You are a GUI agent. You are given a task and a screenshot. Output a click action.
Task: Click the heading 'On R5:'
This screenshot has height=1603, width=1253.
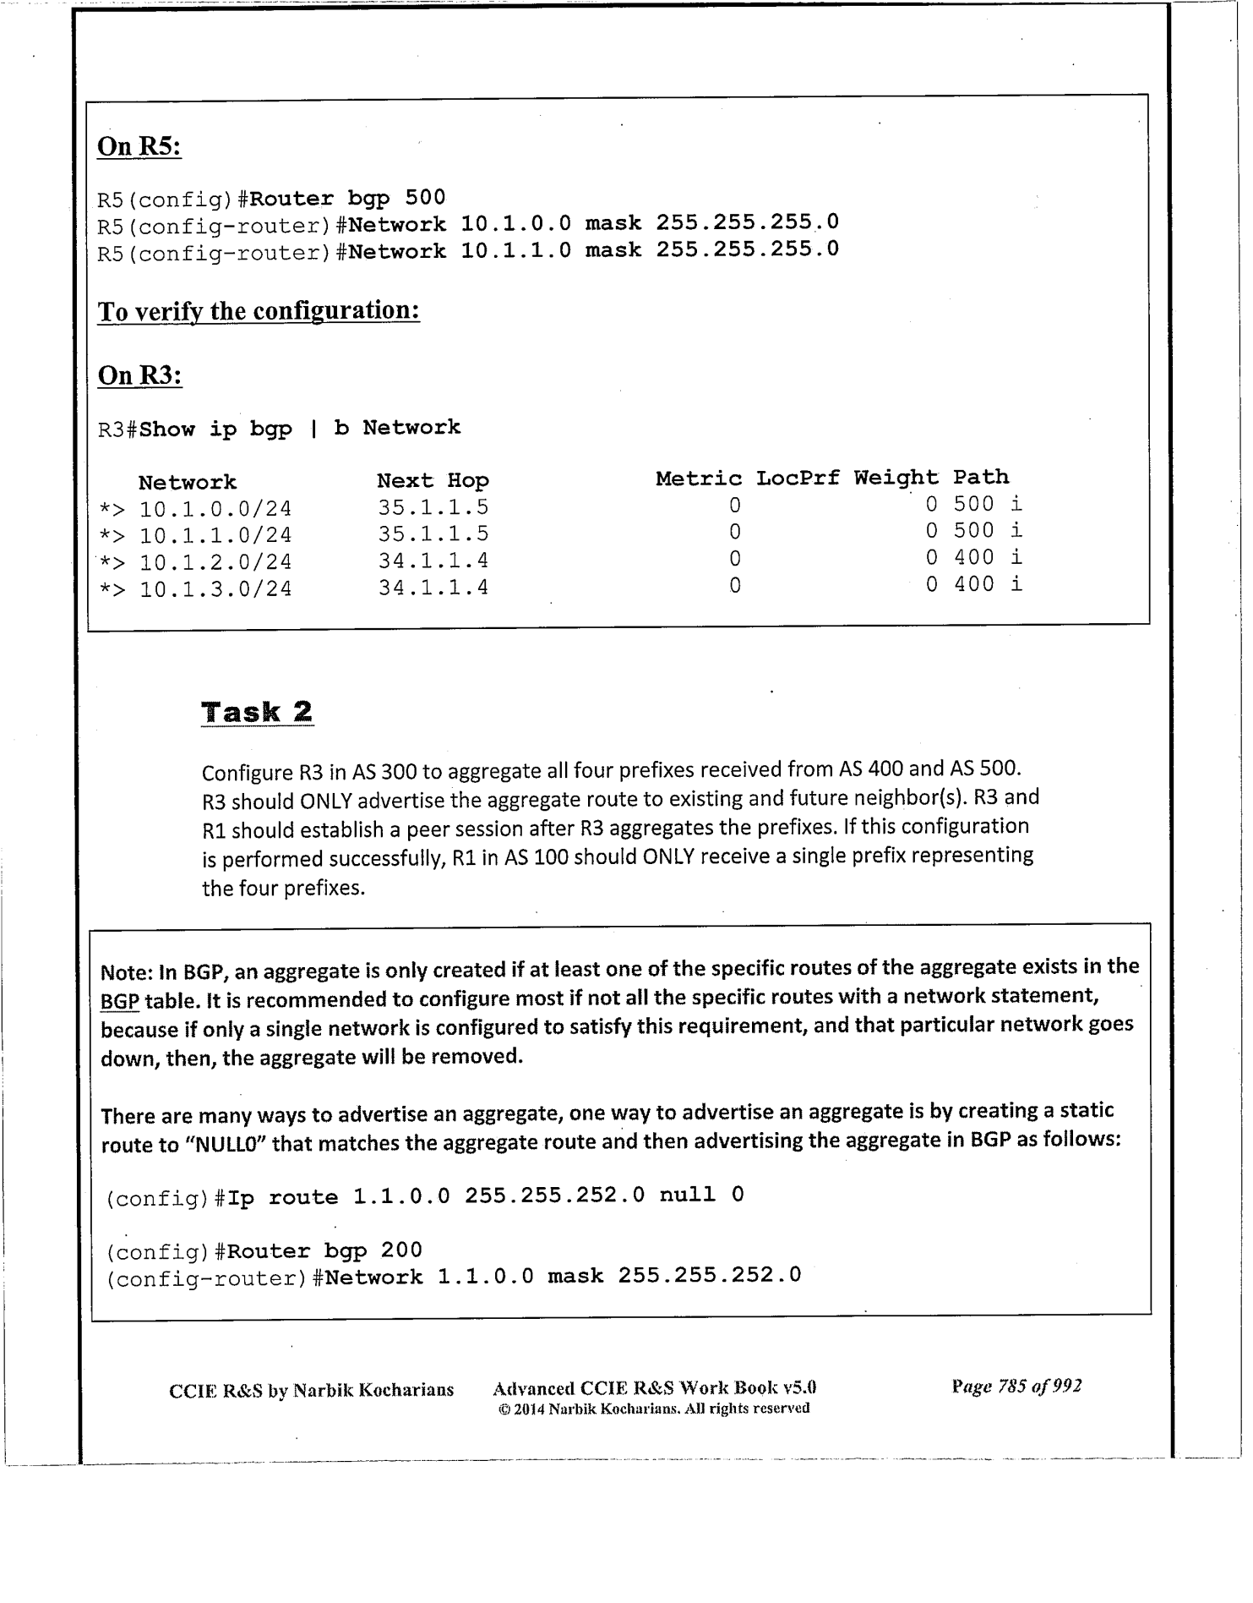139,146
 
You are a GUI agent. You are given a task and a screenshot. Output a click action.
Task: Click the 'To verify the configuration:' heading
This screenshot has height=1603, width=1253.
259,311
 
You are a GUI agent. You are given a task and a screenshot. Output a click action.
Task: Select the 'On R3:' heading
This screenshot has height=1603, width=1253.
140,375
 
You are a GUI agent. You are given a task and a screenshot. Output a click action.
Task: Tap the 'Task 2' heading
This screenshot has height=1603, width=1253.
257,712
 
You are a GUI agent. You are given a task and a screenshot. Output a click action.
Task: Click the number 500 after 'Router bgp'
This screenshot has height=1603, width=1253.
425,198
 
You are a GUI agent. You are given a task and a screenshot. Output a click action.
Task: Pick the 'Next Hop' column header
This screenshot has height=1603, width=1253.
433,481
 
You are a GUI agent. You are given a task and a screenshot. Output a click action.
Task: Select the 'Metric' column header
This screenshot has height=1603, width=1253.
699,479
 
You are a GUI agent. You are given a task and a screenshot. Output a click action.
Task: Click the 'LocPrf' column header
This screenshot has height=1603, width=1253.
798,479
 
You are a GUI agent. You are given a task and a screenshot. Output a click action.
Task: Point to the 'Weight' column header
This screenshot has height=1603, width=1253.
896,479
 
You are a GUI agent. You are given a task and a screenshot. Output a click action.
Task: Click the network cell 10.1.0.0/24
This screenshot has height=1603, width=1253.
215,509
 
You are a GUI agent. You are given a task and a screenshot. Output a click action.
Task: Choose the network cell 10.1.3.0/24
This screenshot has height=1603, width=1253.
215,588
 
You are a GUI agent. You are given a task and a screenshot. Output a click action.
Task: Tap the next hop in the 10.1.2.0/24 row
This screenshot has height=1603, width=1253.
433,561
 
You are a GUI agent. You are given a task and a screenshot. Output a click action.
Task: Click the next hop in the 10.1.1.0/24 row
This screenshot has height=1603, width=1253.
433,534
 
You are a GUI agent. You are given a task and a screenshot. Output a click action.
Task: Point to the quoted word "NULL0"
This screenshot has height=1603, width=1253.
226,1146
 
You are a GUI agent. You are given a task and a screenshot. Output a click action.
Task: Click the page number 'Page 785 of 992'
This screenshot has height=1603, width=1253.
1016,1387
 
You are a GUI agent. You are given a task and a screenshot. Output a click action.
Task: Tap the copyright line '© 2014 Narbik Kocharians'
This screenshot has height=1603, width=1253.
654,1409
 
